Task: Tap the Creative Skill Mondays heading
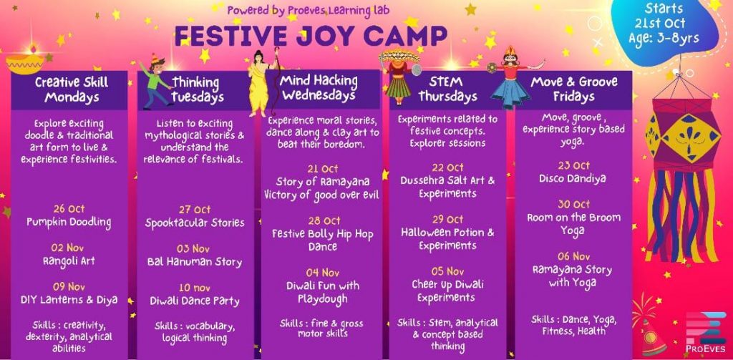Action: pyautogui.click(x=72, y=89)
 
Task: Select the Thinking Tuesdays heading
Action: pyautogui.click(x=197, y=89)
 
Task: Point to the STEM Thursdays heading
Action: pyautogui.click(x=447, y=89)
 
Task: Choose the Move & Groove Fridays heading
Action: pyautogui.click(x=573, y=89)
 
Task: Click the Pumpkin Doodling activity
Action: pyautogui.click(x=69, y=222)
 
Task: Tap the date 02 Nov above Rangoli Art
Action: pyautogui.click(x=67, y=248)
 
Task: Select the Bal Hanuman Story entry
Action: pyautogui.click(x=195, y=261)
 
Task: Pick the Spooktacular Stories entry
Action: pyautogui.click(x=195, y=223)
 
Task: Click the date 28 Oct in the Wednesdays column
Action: pyautogui.click(x=324, y=220)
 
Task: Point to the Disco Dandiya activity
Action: pyautogui.click(x=573, y=179)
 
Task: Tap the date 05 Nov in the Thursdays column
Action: pyautogui.click(x=447, y=271)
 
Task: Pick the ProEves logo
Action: pyautogui.click(x=707, y=332)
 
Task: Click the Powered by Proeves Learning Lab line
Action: pyautogui.click(x=308, y=10)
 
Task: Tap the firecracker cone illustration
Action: pyautogui.click(x=651, y=333)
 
